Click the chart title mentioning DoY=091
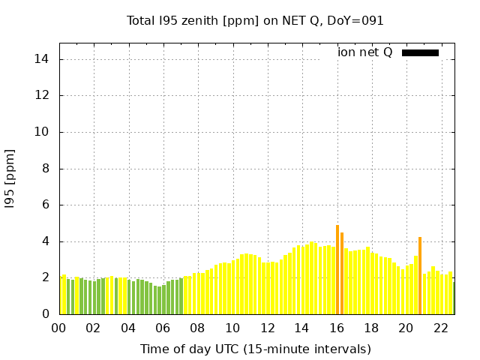coord(255,21)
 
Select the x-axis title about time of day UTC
coord(255,349)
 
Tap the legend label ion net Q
coord(365,52)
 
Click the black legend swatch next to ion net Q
coord(420,52)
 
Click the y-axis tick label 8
coord(46,169)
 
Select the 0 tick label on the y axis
coord(46,314)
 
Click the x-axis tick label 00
coord(58,328)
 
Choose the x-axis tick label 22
coord(440,328)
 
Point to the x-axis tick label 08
coord(197,328)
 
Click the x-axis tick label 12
coord(267,328)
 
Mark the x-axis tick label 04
coord(128,328)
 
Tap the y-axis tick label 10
coord(43,132)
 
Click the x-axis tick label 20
coord(406,328)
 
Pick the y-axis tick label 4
coord(46,241)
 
